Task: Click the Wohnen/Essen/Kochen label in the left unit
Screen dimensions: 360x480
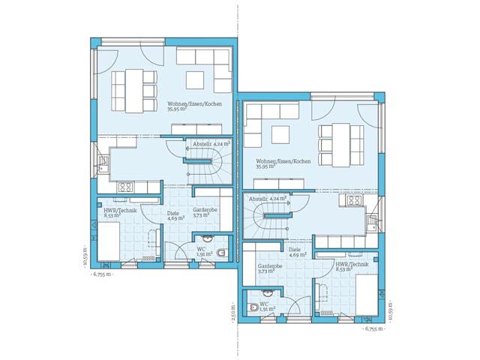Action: coord(187,105)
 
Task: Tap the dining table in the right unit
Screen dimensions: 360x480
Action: coord(341,145)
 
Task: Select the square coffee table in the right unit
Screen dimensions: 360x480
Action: coord(280,134)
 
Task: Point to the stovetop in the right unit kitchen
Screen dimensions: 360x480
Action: coord(352,201)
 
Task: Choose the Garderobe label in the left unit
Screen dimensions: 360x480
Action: coord(205,211)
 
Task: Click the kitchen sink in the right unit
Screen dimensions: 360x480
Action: coord(371,220)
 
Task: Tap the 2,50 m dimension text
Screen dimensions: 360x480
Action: coord(234,310)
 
